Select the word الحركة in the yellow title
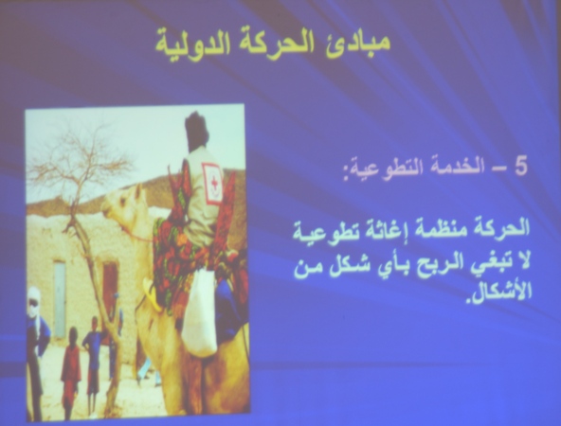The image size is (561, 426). coord(275,44)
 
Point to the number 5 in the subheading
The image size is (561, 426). coord(520,167)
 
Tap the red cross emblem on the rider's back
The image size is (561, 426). coord(212,183)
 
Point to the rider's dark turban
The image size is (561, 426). coord(196,131)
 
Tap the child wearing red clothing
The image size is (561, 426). coord(71,372)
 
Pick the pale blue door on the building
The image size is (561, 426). coord(60,299)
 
